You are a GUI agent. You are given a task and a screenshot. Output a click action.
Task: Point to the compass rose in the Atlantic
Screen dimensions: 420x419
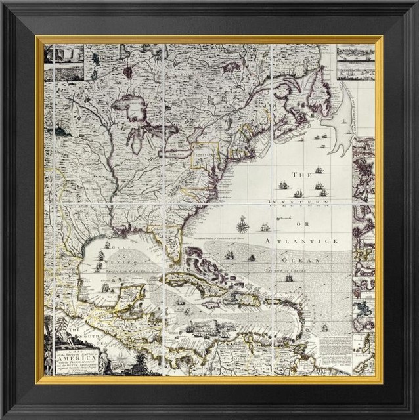point(243,227)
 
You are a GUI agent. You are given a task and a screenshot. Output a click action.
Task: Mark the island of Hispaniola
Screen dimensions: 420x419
point(244,299)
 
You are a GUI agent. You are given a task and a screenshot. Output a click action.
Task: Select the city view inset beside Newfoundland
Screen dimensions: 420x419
point(355,62)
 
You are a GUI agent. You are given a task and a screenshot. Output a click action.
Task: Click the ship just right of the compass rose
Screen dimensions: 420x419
point(265,228)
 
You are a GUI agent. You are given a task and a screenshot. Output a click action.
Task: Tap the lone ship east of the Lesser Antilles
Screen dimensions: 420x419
point(324,327)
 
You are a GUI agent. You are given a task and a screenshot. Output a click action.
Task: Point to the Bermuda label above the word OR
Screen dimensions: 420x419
point(284,217)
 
